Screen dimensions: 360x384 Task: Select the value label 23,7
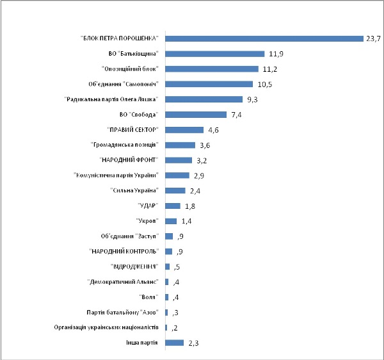373,38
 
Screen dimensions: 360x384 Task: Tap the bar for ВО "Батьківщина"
215,54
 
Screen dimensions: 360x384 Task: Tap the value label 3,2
201,160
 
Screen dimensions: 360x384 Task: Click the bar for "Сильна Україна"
175,190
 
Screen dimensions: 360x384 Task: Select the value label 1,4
186,221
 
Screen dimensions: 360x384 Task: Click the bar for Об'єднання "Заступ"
169,236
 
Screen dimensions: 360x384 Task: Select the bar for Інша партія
175,343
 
